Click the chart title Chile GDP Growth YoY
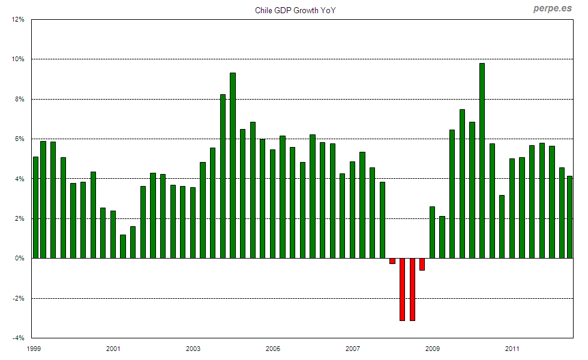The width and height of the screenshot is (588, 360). pyautogui.click(x=295, y=10)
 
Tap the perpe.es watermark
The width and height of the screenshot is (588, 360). pyautogui.click(x=552, y=8)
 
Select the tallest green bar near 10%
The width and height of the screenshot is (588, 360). pyautogui.click(x=482, y=161)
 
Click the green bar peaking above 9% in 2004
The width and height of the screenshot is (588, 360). pyautogui.click(x=233, y=166)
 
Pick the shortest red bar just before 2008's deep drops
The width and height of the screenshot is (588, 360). pyautogui.click(x=392, y=261)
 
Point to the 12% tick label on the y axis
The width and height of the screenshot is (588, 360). pyautogui.click(x=18, y=19)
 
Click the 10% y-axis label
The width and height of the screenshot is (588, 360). pyautogui.click(x=18, y=59)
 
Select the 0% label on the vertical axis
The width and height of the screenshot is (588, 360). pyautogui.click(x=19, y=259)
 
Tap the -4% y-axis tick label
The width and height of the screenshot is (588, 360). pyautogui.click(x=18, y=338)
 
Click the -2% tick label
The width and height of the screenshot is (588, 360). pyautogui.click(x=18, y=298)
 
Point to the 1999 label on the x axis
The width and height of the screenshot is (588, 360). pyautogui.click(x=34, y=349)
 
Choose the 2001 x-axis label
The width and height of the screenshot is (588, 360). pyautogui.click(x=113, y=349)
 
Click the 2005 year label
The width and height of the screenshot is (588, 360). pyautogui.click(x=273, y=349)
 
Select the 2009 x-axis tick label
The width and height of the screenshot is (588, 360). pyautogui.click(x=433, y=349)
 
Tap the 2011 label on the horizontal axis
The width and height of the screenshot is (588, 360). pyautogui.click(x=512, y=349)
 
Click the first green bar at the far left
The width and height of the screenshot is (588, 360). pyautogui.click(x=35, y=208)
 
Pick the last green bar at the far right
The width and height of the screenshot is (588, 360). pyautogui.click(x=570, y=217)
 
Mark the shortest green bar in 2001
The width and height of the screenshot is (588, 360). pyautogui.click(x=123, y=247)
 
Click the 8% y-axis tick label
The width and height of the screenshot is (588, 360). pyautogui.click(x=19, y=99)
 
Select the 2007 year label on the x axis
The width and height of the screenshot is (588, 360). pyautogui.click(x=353, y=349)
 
